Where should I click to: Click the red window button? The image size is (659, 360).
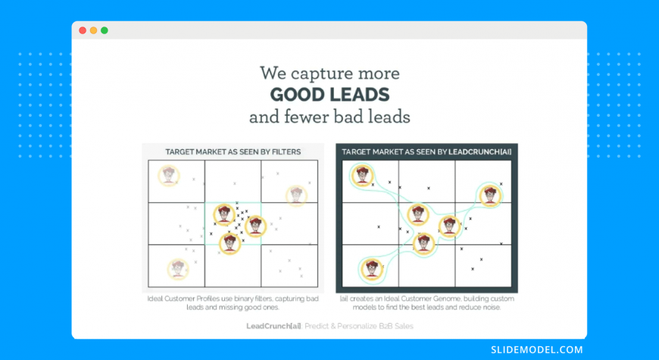point(83,30)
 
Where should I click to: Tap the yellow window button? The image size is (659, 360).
point(93,30)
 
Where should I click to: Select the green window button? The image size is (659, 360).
point(105,30)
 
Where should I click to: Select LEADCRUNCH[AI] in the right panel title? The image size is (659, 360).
point(479,152)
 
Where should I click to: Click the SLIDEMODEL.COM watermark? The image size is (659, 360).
point(537,349)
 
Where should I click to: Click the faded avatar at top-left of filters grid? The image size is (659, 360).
point(169,176)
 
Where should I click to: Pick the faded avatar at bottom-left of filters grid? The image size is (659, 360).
point(178,269)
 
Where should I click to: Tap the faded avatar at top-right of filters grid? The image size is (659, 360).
point(296,196)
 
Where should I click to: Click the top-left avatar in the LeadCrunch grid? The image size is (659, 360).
point(362,176)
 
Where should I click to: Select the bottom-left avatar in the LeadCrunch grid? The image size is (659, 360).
point(372,269)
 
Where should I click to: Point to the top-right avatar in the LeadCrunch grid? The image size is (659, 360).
point(491,196)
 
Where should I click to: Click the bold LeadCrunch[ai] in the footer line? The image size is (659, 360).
point(273,326)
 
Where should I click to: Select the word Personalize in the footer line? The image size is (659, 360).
point(357,326)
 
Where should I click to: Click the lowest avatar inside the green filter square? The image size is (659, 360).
point(230,243)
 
